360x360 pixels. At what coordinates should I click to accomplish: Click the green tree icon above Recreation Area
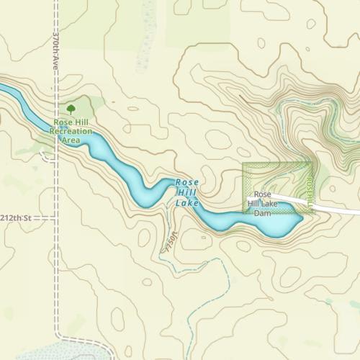pyautogui.click(x=71, y=109)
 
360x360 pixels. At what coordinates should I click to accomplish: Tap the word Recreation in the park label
pyautogui.click(x=71, y=132)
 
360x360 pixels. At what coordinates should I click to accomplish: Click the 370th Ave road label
pyautogui.click(x=56, y=50)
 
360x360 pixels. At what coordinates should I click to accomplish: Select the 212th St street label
pyautogui.click(x=16, y=217)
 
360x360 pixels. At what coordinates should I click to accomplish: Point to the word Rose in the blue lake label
pyautogui.click(x=187, y=183)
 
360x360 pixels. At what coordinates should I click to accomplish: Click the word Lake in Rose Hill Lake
pyautogui.click(x=186, y=204)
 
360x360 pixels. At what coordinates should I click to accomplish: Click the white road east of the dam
pyautogui.click(x=338, y=209)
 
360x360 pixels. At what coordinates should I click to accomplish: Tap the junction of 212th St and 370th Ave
pyautogui.click(x=56, y=217)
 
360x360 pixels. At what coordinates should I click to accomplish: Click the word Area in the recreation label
pyautogui.click(x=71, y=140)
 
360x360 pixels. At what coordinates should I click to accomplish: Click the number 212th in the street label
pyautogui.click(x=12, y=217)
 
